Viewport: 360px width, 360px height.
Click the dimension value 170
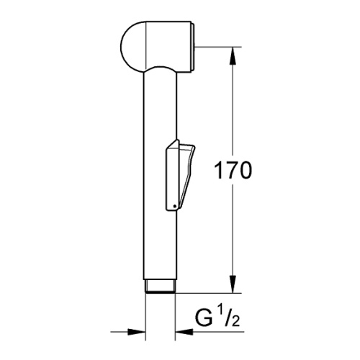click(230, 171)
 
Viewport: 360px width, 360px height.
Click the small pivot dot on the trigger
click(174, 207)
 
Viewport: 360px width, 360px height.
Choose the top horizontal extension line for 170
click(216, 48)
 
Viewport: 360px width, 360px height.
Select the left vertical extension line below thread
click(147, 317)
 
